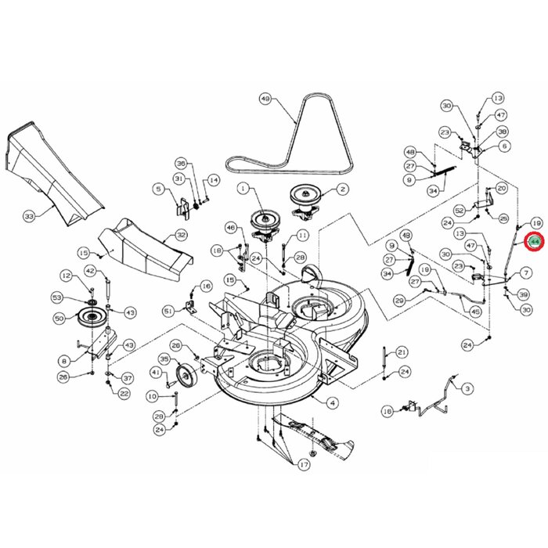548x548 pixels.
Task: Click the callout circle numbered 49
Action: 265,99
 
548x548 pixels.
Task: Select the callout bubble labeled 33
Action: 30,215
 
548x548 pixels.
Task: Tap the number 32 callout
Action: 181,235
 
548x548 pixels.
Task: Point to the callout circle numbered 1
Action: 243,189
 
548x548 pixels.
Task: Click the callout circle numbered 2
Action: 343,189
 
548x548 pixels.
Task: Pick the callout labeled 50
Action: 59,318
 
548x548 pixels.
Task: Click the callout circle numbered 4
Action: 333,402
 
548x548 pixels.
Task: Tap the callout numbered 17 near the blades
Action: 303,465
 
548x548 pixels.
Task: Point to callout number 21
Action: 402,352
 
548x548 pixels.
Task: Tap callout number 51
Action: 166,311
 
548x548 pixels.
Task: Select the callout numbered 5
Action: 158,188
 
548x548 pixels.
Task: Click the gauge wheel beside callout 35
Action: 186,377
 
